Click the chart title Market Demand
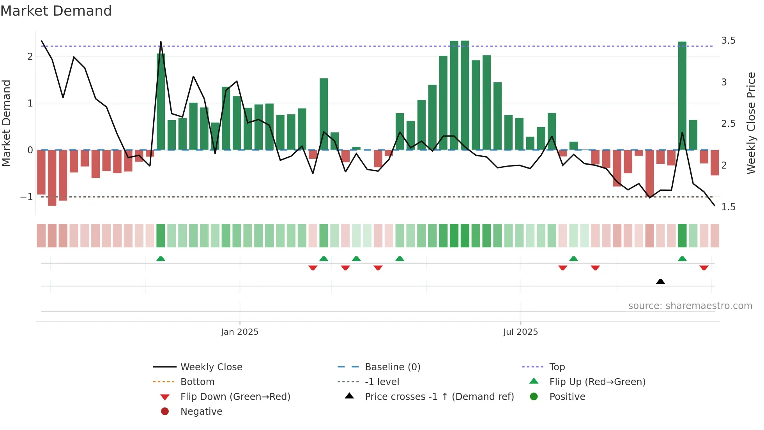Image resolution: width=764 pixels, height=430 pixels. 56,11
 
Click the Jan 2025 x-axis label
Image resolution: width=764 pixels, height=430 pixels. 239,332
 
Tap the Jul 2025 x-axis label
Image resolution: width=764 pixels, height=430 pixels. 520,332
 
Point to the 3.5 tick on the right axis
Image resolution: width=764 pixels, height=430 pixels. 728,41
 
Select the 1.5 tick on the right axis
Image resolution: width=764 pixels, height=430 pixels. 728,207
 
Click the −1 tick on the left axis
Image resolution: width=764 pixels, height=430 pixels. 27,197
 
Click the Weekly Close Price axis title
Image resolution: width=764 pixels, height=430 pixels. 751,123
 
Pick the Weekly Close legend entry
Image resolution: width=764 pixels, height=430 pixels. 211,367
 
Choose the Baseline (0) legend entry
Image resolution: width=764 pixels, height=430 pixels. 392,367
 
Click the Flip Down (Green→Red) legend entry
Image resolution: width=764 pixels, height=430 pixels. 235,397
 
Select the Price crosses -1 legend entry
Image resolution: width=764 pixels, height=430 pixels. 439,397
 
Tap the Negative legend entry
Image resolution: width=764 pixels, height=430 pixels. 201,412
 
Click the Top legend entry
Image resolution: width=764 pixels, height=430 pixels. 557,367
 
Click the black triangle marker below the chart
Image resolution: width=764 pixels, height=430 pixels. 660,281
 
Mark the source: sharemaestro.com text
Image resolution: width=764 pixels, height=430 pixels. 690,306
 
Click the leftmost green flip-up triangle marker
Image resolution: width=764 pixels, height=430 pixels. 161,259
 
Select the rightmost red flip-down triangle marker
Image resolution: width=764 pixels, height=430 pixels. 704,268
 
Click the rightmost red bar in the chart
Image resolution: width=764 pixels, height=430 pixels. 714,163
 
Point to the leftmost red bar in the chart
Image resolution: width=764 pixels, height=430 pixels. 41,172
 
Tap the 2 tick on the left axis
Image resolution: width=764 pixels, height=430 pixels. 30,57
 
